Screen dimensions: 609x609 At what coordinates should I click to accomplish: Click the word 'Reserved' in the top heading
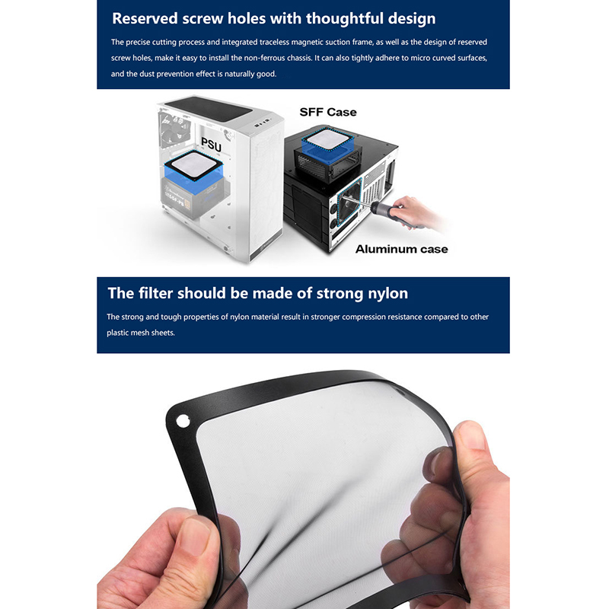(145, 18)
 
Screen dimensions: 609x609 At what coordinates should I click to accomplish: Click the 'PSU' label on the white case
(212, 145)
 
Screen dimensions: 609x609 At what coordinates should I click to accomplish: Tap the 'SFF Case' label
(328, 112)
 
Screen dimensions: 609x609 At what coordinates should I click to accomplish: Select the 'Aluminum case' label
(402, 249)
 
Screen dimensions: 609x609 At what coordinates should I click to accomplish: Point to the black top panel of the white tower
(208, 108)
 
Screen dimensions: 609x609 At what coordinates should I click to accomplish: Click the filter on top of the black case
(327, 139)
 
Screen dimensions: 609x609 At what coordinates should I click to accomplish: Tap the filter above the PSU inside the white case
(193, 164)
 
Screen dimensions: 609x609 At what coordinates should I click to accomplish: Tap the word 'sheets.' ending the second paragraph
(164, 333)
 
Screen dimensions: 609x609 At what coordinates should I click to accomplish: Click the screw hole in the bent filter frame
(183, 421)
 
